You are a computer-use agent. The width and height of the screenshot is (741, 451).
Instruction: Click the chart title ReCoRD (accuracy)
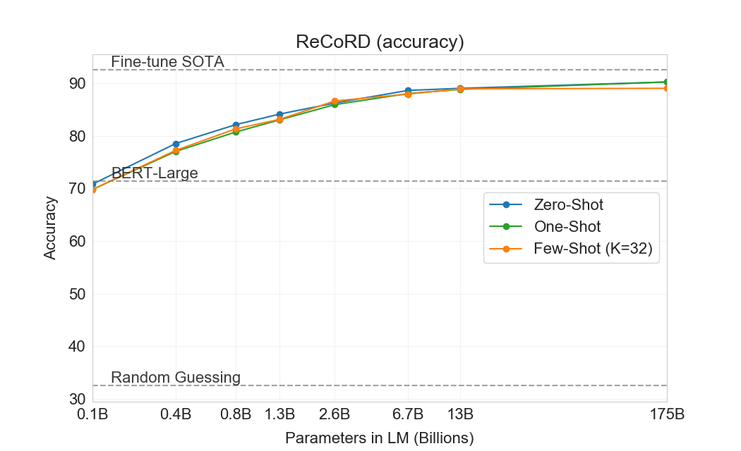pyautogui.click(x=379, y=42)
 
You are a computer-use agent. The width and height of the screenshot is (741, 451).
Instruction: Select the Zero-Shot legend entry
pyautogui.click(x=568, y=205)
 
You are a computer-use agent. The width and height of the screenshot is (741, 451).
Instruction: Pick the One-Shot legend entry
pyautogui.click(x=567, y=226)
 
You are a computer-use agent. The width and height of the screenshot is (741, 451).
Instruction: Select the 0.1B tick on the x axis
pyautogui.click(x=92, y=414)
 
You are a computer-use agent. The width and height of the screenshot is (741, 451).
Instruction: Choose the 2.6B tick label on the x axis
pyautogui.click(x=335, y=414)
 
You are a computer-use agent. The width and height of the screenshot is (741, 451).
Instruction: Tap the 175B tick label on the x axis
pyautogui.click(x=666, y=414)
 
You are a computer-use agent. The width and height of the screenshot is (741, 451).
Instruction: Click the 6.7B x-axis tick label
pyautogui.click(x=408, y=414)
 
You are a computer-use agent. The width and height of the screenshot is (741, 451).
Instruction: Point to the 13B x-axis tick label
pyautogui.click(x=460, y=414)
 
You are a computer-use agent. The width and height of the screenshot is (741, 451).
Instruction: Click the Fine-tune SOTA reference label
pyautogui.click(x=167, y=62)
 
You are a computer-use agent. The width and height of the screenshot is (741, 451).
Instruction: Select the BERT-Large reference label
pyautogui.click(x=155, y=173)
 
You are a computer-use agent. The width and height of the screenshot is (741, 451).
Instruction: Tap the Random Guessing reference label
pyautogui.click(x=175, y=378)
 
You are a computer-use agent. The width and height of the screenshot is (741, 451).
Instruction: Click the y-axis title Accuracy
pyautogui.click(x=50, y=228)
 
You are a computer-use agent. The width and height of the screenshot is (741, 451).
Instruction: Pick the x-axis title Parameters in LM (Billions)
pyautogui.click(x=379, y=438)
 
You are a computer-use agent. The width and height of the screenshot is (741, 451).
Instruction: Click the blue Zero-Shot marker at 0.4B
pyautogui.click(x=176, y=144)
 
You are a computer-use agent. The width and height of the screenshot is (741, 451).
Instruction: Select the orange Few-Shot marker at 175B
pyautogui.click(x=666, y=88)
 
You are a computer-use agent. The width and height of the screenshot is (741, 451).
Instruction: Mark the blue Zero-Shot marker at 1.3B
pyautogui.click(x=279, y=114)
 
